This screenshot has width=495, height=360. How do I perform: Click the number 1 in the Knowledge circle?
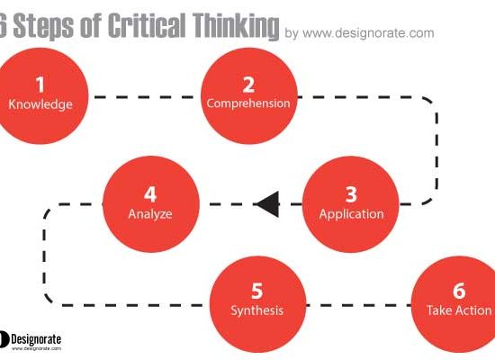[40, 85]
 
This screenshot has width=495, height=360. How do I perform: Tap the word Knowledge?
[40, 104]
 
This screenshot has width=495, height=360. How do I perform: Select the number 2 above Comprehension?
[248, 85]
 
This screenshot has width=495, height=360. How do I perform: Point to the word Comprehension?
[248, 103]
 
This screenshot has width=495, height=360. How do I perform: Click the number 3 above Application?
[351, 194]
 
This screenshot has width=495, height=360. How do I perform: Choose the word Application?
[351, 214]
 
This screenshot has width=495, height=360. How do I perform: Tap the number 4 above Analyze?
[150, 194]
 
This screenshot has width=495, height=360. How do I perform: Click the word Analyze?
[150, 214]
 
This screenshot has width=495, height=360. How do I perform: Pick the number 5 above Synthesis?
[257, 291]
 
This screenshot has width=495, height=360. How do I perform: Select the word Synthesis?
[257, 310]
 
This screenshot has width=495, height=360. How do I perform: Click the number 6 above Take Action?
[459, 291]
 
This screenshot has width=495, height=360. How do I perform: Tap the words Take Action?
[459, 310]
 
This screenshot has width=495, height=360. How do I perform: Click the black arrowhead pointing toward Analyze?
[267, 204]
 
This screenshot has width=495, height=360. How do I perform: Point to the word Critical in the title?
[147, 25]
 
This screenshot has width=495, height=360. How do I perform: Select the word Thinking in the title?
[236, 26]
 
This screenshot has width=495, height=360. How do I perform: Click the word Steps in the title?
[43, 26]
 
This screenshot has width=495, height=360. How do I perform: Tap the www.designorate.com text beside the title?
[368, 32]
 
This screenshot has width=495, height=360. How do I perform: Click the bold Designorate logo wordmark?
[36, 339]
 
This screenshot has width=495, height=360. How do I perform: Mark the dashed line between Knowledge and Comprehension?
[145, 97]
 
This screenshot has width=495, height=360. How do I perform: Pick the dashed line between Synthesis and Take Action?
[358, 305]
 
